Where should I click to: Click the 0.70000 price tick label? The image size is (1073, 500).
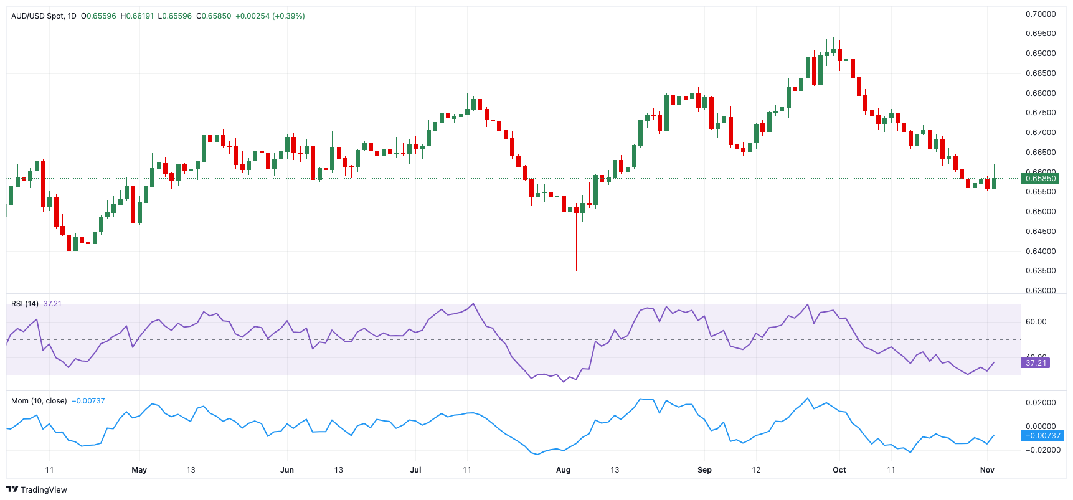1041,14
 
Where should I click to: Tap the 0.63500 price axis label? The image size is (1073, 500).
1041,271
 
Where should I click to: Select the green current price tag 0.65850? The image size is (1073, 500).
1040,178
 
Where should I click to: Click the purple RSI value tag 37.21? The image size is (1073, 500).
1036,362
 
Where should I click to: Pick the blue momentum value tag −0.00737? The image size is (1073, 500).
1042,436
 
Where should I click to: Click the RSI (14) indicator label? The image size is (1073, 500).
25,304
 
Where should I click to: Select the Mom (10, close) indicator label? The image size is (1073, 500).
39,401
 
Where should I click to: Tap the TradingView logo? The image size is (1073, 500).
37,489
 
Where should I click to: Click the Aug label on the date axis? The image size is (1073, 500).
563,470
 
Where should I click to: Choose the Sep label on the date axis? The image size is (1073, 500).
704,470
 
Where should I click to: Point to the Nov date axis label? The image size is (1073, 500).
987,470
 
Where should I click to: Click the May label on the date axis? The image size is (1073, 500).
139,470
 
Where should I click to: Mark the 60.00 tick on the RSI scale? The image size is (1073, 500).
1036,322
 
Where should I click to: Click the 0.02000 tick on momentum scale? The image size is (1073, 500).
1041,403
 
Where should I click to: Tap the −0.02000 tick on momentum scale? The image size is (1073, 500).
1039,450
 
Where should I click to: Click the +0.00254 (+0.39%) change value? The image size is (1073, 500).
270,16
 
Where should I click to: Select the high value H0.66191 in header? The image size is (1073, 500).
137,16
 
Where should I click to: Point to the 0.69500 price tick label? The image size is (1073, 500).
1041,34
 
